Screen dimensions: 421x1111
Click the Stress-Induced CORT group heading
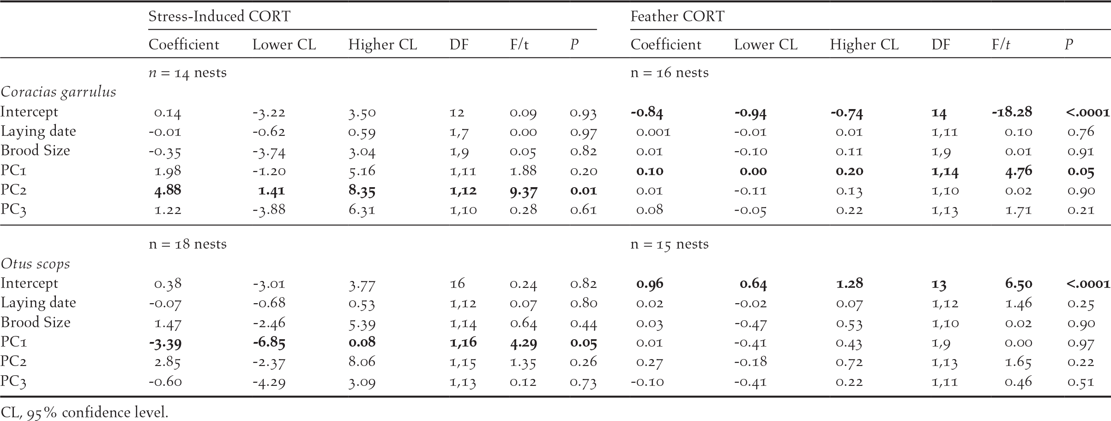click(219, 17)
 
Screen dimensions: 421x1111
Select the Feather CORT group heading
click(677, 17)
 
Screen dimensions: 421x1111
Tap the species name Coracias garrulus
click(58, 92)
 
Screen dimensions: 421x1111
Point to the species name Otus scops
click(36, 264)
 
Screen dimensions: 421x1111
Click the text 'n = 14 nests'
click(187, 73)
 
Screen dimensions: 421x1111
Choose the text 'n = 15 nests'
click(669, 244)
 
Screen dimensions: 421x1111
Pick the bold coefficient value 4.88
click(168, 190)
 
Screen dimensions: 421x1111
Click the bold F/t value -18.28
click(1012, 112)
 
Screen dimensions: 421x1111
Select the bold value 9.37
click(523, 190)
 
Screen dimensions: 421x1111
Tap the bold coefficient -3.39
click(165, 343)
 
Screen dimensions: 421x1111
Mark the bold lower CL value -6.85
click(269, 343)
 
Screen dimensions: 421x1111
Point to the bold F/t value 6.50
click(1018, 284)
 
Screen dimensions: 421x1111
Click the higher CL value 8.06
click(362, 362)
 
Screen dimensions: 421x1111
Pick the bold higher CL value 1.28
click(849, 284)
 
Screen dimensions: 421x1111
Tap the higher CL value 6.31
click(362, 210)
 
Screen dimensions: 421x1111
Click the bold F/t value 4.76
click(1018, 171)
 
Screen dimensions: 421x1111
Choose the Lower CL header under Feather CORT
click(766, 45)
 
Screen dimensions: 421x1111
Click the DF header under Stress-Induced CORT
click(459, 45)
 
